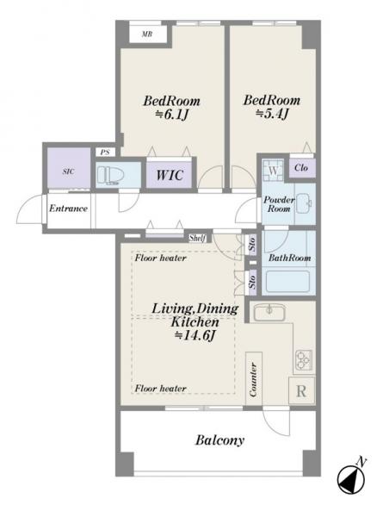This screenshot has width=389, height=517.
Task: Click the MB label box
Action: tap(148, 34)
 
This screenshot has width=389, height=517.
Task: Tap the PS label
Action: tap(105, 153)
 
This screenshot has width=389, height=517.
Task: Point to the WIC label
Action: tap(170, 175)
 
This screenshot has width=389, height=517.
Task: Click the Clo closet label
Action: tap(301, 168)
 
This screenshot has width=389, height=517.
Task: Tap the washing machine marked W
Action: tap(273, 171)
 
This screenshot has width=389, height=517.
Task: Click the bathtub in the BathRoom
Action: tap(287, 281)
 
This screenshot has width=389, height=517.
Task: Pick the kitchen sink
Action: tap(269, 312)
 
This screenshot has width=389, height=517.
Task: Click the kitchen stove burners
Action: tap(304, 361)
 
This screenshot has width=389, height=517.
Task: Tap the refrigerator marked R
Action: tap(301, 390)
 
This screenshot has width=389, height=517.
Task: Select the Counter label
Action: tap(253, 379)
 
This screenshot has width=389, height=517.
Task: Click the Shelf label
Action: tap(197, 238)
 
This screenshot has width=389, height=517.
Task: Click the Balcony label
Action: tap(219, 440)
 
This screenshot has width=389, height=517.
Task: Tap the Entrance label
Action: tap(68, 209)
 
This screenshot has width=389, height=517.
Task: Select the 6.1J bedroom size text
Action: tap(171, 115)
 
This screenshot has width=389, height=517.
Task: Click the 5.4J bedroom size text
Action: tap(272, 114)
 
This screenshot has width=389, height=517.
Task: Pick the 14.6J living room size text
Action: tap(194, 336)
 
